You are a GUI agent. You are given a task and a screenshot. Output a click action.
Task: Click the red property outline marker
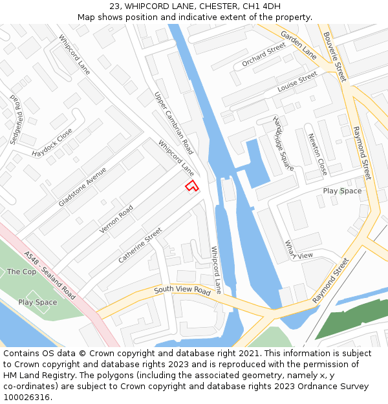click(191, 186)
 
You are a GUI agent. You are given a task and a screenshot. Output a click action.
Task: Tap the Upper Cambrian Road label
click(174, 123)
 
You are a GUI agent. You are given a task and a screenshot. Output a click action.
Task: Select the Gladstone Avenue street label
click(82, 187)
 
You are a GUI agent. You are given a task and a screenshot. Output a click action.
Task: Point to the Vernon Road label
click(116, 220)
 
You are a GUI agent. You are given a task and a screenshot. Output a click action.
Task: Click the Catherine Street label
click(140, 246)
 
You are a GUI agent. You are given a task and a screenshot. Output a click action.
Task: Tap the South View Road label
click(182, 290)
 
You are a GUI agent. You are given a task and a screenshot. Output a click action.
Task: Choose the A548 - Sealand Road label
click(48, 275)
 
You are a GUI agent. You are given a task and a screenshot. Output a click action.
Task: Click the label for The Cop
click(21, 272)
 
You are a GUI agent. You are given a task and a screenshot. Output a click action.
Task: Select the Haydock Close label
click(52, 144)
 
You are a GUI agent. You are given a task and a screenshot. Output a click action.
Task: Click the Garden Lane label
click(298, 45)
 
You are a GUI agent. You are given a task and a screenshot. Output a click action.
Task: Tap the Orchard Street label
click(264, 55)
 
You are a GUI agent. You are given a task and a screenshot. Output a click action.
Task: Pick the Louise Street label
click(297, 81)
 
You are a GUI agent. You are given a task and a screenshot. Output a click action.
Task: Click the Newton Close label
click(318, 154)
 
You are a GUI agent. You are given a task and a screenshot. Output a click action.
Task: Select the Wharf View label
click(299, 250)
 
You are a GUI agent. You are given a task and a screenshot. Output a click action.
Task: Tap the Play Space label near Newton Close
click(342, 191)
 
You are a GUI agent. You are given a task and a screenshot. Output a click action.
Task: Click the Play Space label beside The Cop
click(38, 303)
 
